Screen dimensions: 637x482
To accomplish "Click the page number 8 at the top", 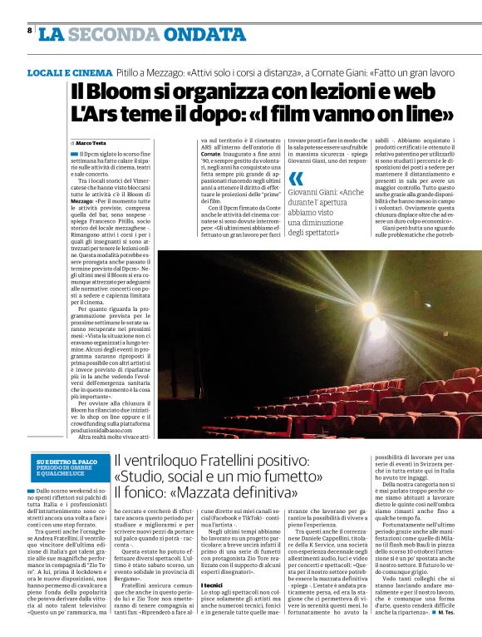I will (x=30, y=30).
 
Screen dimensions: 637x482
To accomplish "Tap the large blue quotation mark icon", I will (x=296, y=178).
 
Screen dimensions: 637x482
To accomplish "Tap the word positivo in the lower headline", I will (x=280, y=461).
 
